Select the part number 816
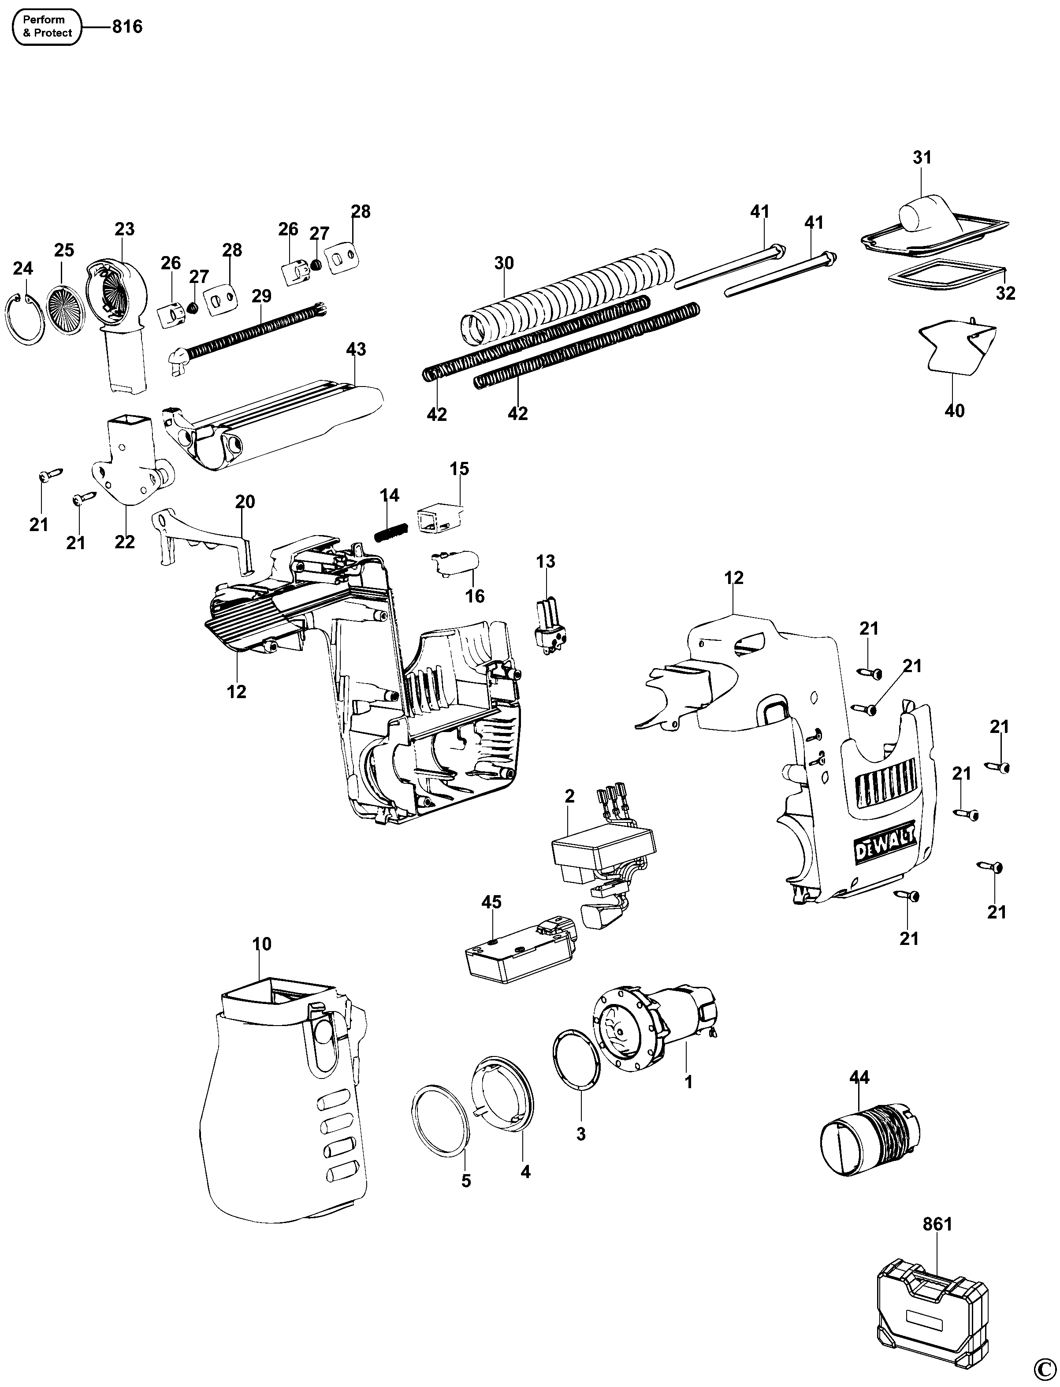pyautogui.click(x=127, y=26)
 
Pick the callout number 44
pyautogui.click(x=859, y=1077)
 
